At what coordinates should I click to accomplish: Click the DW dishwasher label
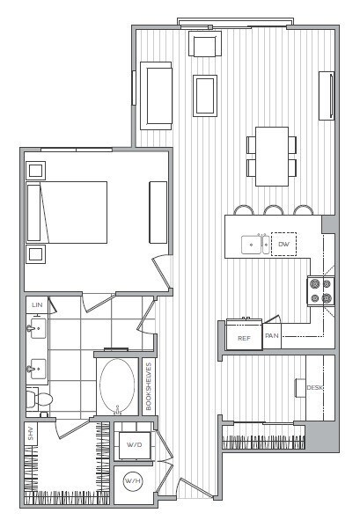(283, 244)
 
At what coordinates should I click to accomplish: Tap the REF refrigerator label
(244, 337)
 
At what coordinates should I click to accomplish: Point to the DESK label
(314, 388)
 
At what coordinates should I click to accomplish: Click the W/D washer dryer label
(134, 445)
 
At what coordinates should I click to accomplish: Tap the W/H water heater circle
(133, 481)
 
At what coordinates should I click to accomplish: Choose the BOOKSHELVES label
(149, 387)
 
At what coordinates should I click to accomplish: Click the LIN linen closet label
(37, 304)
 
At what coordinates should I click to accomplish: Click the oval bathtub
(117, 385)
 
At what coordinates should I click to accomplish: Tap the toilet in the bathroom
(40, 400)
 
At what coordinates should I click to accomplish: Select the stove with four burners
(320, 291)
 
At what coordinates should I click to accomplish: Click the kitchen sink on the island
(256, 243)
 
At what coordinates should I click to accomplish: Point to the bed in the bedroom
(69, 212)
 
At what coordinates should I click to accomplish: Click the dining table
(272, 156)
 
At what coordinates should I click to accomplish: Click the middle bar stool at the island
(273, 211)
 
